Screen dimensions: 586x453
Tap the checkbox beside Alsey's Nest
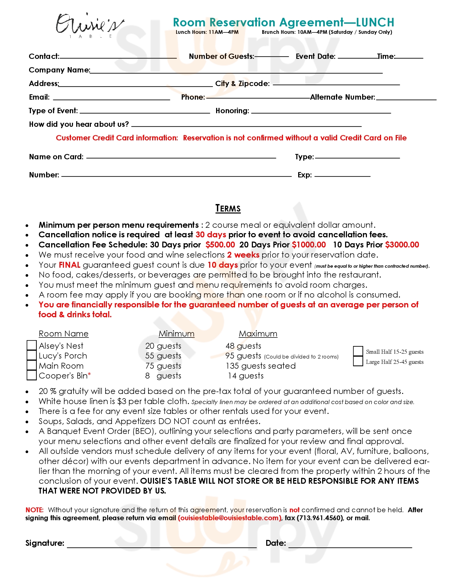[x=32, y=345]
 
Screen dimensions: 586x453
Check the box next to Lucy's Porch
[x=32, y=355]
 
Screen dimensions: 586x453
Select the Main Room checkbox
[x=32, y=365]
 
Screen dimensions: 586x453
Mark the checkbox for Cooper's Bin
[x=32, y=375]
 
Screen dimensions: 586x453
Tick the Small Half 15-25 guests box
[x=358, y=351]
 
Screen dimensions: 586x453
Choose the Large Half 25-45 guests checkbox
[x=358, y=361]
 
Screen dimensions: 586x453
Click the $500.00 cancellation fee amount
[x=220, y=245]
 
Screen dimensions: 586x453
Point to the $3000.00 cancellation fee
[x=402, y=245]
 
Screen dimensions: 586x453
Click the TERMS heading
[x=228, y=209]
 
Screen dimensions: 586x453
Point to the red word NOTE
[x=34, y=510]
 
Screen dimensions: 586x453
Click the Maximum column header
[x=258, y=333]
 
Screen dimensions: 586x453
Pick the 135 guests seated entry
[x=261, y=366]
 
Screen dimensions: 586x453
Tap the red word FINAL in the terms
[x=70, y=265]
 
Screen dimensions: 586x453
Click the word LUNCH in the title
[x=375, y=22]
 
